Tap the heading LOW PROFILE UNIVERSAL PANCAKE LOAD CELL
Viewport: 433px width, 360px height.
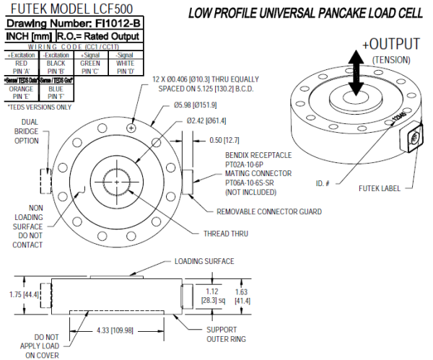305,12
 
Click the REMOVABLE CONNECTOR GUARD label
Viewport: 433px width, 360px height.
268,212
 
